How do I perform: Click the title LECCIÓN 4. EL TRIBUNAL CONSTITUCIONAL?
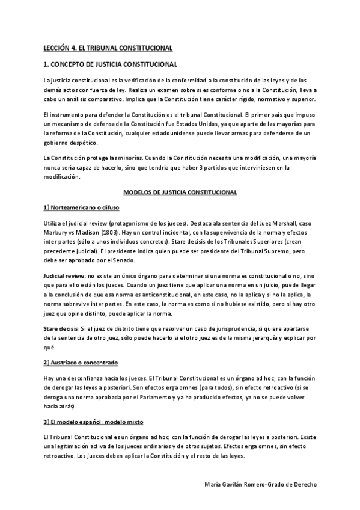(x=109, y=47)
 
